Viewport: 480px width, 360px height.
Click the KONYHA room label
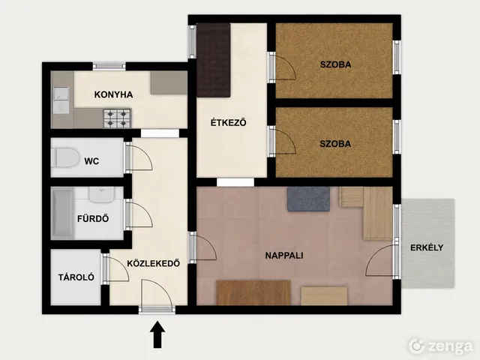pos(113,94)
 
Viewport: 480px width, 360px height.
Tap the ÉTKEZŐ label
pos(228,122)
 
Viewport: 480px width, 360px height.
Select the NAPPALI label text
pos(284,255)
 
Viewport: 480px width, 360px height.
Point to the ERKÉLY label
pos(427,247)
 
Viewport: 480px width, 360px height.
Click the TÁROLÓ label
pos(76,277)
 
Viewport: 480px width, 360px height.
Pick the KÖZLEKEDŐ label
pos(153,263)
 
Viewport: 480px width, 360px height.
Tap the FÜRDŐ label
pos(93,218)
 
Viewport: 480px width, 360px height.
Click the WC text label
pos(91,161)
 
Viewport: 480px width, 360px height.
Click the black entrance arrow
pos(157,334)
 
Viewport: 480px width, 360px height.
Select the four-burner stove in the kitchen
pos(118,118)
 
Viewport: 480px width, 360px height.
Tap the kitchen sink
pos(61,100)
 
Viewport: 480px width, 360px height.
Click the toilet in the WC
pos(65,157)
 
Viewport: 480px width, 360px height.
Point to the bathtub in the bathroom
pos(62,213)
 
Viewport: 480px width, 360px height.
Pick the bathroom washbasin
pos(102,195)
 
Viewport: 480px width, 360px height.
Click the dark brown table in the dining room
pos(213,60)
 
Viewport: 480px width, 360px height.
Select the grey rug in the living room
pos(308,199)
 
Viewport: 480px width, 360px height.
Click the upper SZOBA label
pos(335,64)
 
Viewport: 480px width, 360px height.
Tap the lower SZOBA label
pos(335,143)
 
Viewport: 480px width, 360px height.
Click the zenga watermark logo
pos(441,346)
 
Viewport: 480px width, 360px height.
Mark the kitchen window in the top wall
pos(109,66)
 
